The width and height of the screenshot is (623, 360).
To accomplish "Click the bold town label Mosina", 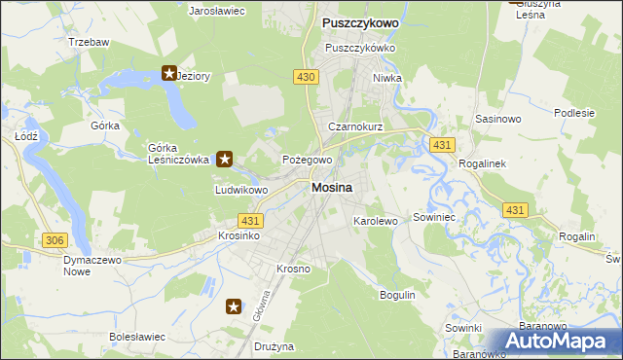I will point(332,187).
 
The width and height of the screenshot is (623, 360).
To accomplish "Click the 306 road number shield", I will point(54,239).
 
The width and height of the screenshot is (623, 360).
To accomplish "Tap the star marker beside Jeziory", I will point(168,73).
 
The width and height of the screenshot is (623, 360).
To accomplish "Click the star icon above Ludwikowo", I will point(225,158).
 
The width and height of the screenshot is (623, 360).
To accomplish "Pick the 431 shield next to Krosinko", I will point(248,222).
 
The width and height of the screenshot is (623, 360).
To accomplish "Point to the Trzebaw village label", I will point(89,43).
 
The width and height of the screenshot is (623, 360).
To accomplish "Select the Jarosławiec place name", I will point(216,11).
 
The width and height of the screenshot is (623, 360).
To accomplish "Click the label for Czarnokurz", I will point(355,127).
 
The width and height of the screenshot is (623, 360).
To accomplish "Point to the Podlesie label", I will point(573,113).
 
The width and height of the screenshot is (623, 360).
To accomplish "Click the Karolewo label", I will point(376,221).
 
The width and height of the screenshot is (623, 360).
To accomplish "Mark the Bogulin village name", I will point(397,294).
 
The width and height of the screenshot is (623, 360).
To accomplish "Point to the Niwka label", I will point(386,79).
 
